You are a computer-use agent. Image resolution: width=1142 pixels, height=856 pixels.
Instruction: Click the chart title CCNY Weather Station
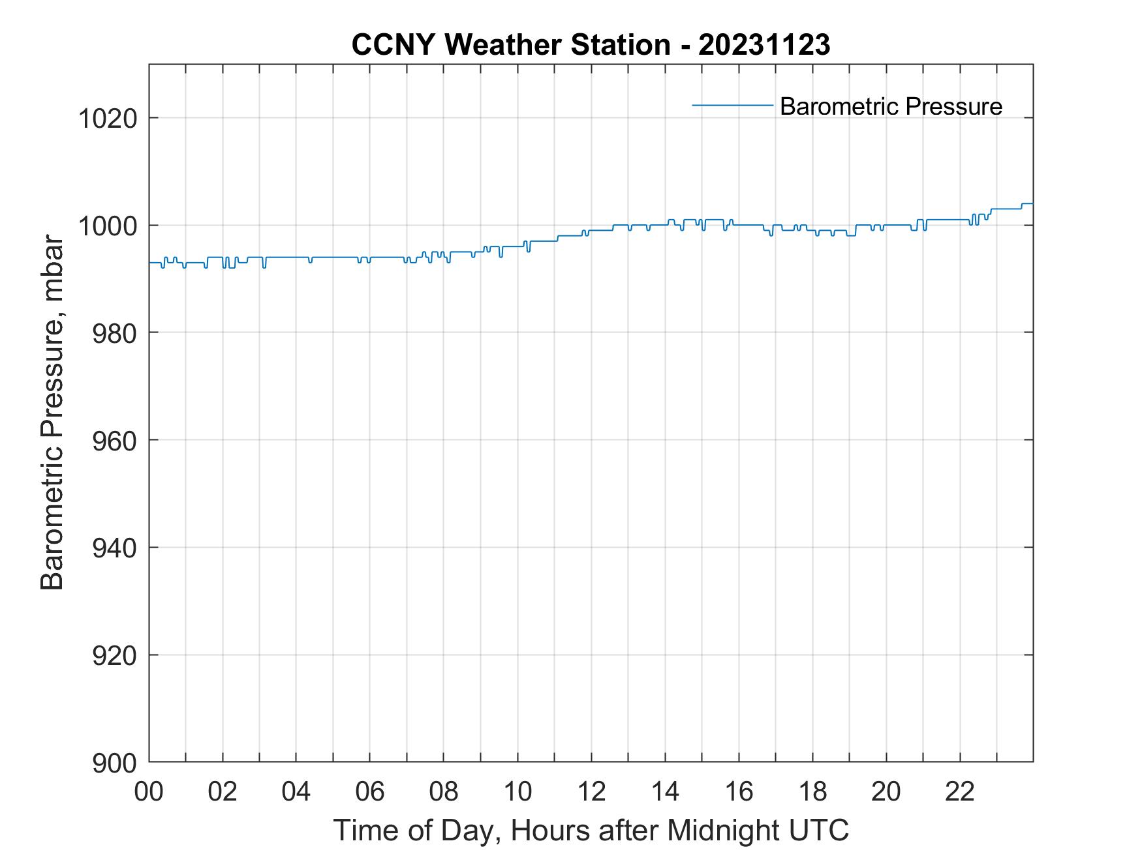pyautogui.click(x=510, y=45)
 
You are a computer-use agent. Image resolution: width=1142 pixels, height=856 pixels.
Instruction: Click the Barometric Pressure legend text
pyautogui.click(x=891, y=106)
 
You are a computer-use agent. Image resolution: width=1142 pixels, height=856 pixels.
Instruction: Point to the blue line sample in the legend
pyautogui.click(x=732, y=105)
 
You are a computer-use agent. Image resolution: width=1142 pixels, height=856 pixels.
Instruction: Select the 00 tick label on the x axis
pyautogui.click(x=149, y=791)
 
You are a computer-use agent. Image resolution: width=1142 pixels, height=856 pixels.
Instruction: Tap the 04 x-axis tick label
pyautogui.click(x=296, y=791)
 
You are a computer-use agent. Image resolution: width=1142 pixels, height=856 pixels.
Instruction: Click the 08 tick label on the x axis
pyautogui.click(x=444, y=791)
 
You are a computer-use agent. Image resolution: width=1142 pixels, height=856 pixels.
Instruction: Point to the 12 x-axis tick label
pyautogui.click(x=591, y=791)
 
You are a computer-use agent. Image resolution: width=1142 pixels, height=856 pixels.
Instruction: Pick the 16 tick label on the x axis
pyautogui.click(x=739, y=791)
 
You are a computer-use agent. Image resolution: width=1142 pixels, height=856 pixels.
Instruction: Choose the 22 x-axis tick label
pyautogui.click(x=960, y=791)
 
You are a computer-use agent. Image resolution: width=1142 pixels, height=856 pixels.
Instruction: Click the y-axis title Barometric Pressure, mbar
pyautogui.click(x=52, y=413)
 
